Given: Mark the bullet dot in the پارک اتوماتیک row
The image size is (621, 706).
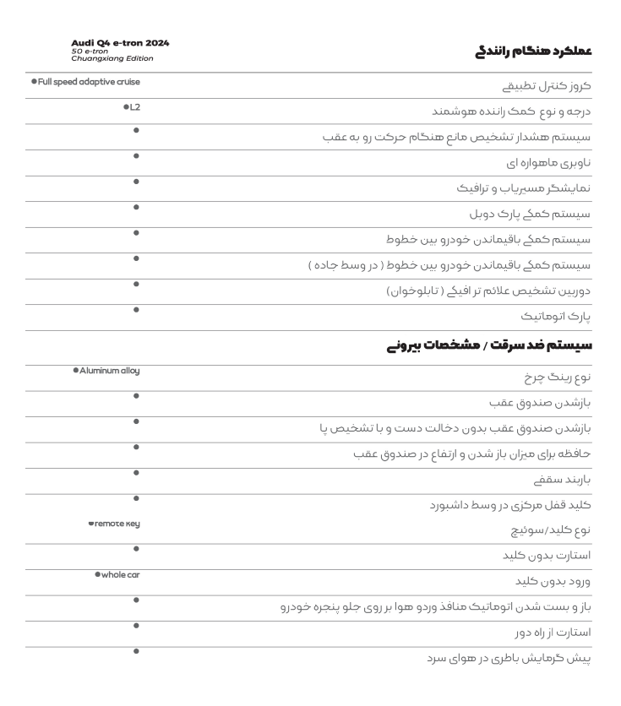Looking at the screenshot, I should pyautogui.click(x=136, y=310).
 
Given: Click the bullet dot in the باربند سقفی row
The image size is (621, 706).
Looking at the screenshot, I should pyautogui.click(x=136, y=472).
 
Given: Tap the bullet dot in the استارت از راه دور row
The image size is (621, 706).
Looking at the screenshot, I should pyautogui.click(x=136, y=624).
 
